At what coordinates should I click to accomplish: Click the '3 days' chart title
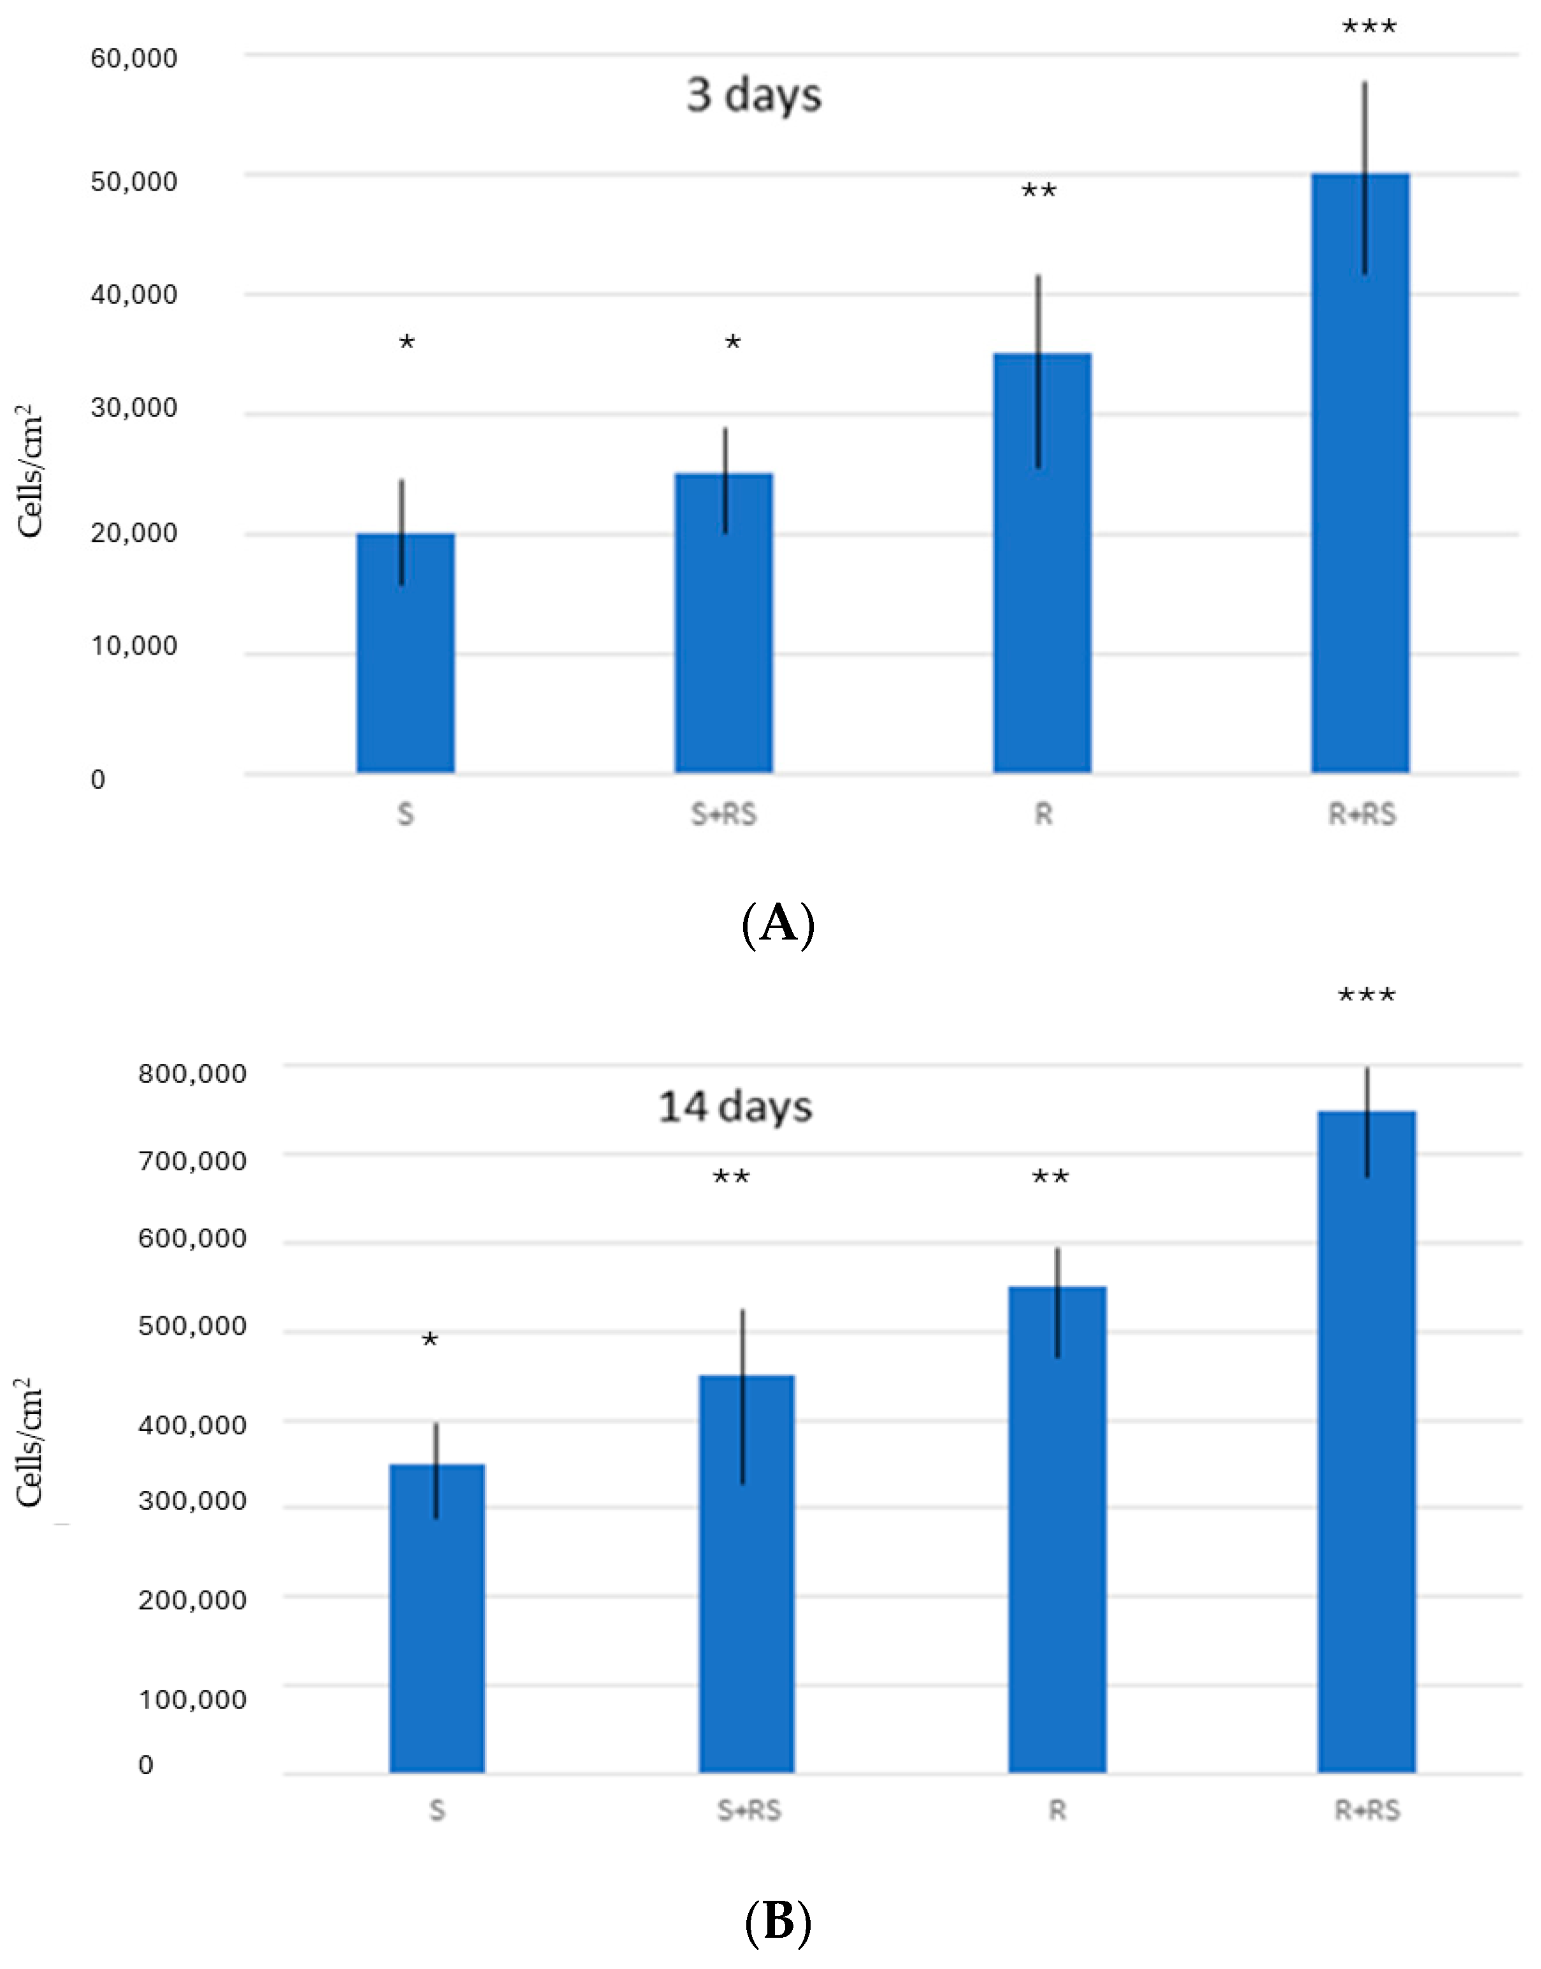point(755,95)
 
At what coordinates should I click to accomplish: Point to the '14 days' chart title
point(735,1107)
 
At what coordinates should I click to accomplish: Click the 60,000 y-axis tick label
point(134,59)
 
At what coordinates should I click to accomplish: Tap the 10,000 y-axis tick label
point(134,646)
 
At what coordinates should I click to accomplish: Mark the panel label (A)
point(778,924)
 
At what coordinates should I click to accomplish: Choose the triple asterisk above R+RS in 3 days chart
point(1369,27)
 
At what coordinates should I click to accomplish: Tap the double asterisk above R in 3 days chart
point(1038,191)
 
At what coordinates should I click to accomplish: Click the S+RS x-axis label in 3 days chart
point(723,815)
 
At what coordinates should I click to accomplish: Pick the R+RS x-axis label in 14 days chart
point(1367,1811)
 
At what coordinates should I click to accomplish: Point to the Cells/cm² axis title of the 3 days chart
point(30,470)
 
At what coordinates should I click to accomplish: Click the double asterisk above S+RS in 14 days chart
point(731,1177)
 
